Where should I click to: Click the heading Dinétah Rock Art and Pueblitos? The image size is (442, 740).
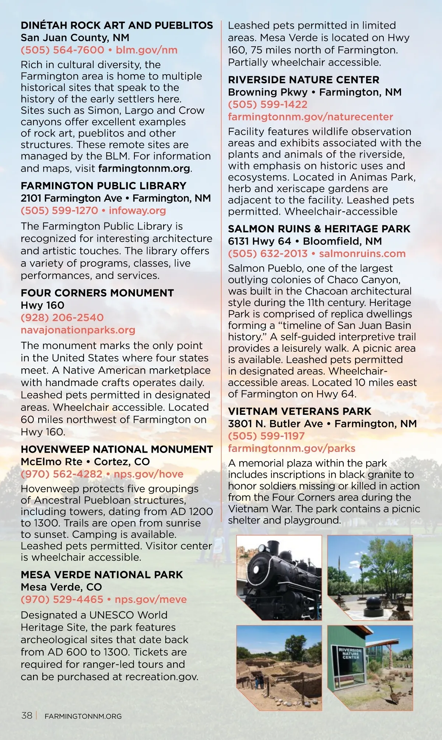click(116, 25)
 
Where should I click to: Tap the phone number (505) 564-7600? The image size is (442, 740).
click(63, 50)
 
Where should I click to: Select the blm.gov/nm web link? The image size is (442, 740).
click(147, 50)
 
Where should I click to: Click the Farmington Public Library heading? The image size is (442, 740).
click(104, 186)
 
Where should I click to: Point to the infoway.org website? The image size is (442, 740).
click(137, 211)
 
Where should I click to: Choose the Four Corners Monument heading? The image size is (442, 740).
click(97, 293)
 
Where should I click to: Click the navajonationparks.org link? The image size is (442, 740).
click(78, 330)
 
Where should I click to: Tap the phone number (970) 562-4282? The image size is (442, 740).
click(62, 474)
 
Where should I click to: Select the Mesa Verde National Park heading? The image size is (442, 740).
click(102, 575)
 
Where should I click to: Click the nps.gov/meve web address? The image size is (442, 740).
click(151, 599)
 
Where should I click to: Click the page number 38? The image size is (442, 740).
click(27, 716)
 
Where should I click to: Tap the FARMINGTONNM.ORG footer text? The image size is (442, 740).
click(83, 716)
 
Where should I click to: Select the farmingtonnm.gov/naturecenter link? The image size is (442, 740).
click(311, 117)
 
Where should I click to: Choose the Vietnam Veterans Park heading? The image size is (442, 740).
click(299, 411)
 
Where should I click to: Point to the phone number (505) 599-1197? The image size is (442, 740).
click(266, 436)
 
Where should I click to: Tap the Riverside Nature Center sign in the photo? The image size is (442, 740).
click(350, 653)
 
